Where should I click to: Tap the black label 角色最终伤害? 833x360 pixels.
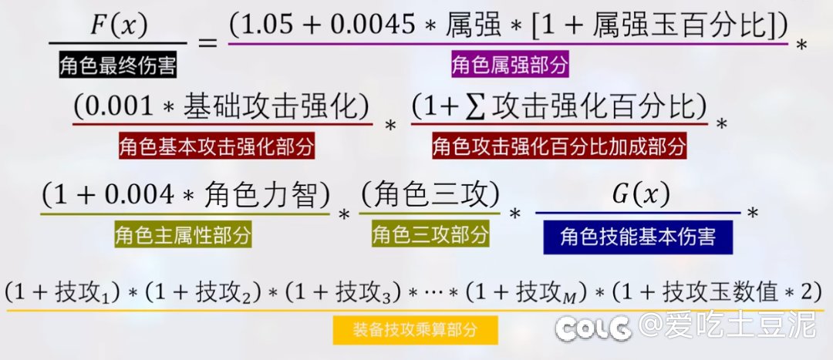tap(118, 66)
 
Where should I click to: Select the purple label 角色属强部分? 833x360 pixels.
tap(510, 65)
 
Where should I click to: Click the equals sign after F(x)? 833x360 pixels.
tap(208, 42)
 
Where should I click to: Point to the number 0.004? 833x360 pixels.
tap(139, 195)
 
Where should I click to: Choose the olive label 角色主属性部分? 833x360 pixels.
tap(184, 234)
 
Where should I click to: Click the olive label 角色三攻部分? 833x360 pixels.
tap(430, 234)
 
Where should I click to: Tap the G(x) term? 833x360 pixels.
tap(641, 195)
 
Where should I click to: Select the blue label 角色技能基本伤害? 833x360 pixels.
tap(638, 237)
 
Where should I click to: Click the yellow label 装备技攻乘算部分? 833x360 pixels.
tap(416, 330)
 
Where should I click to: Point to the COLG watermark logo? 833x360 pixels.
tap(593, 329)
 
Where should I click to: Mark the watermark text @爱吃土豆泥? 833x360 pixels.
tap(727, 325)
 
